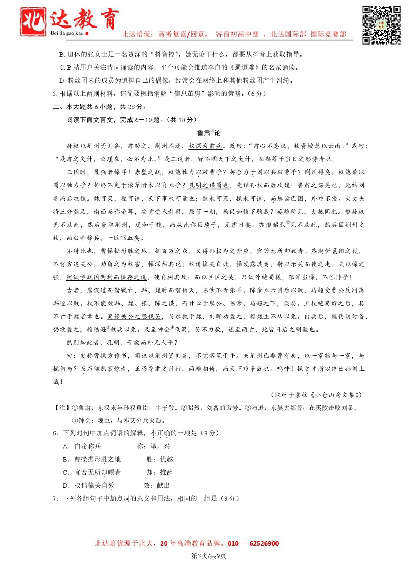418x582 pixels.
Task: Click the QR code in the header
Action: (x=381, y=25)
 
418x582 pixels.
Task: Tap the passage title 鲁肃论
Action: (x=208, y=133)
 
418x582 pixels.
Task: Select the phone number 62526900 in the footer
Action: (x=264, y=544)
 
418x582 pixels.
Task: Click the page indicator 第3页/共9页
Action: (x=208, y=555)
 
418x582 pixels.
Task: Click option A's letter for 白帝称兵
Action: (x=66, y=446)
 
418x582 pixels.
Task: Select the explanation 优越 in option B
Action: (x=167, y=459)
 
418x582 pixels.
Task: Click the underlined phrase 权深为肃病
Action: (x=205, y=146)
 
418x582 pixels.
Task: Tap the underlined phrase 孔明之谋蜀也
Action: (x=209, y=185)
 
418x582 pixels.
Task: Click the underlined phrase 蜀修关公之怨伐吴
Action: (x=134, y=316)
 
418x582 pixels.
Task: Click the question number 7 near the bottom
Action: (x=55, y=498)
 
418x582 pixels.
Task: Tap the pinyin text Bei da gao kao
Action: (x=67, y=33)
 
